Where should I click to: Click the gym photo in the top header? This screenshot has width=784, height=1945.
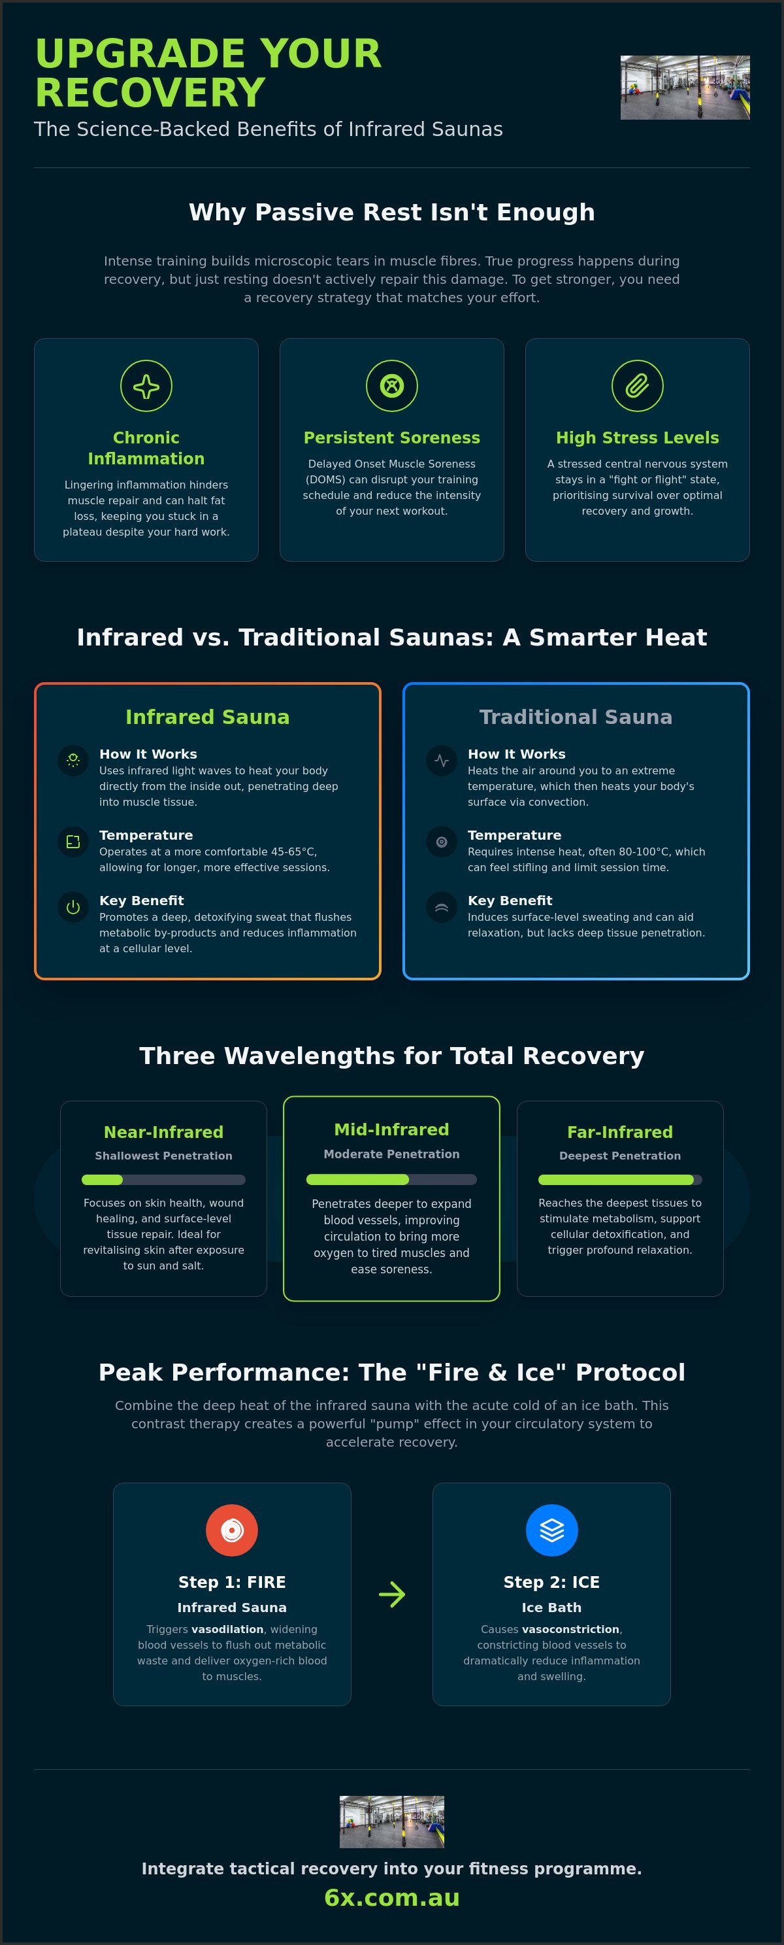point(685,88)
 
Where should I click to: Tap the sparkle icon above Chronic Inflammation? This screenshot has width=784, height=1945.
point(146,386)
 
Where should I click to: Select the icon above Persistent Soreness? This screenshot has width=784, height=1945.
point(391,386)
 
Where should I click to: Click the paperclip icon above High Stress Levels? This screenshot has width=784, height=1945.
point(637,386)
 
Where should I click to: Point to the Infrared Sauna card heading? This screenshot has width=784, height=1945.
point(208,717)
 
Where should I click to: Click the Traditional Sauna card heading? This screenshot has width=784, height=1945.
point(576,717)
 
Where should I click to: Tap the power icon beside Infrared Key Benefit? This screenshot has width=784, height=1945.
point(73,907)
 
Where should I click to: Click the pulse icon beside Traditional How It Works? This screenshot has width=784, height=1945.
point(442,761)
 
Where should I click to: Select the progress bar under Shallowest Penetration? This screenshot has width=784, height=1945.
point(164,1179)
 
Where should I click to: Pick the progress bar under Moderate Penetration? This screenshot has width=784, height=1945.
point(391,1179)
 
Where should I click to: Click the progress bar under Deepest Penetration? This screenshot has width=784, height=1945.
point(620,1179)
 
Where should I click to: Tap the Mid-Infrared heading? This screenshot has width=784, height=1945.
point(391,1129)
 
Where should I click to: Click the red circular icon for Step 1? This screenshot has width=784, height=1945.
point(232,1530)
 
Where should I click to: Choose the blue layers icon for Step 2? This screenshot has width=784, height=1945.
point(551,1530)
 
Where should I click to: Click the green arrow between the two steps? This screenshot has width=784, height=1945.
point(391,1594)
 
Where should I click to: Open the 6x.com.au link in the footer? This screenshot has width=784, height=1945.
point(391,1897)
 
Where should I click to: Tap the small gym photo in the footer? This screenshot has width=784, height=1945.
point(391,1821)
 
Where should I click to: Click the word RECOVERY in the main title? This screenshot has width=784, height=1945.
point(150,93)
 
